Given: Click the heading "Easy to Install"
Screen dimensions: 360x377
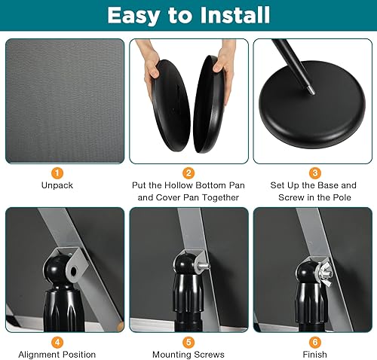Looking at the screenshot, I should click(188, 15).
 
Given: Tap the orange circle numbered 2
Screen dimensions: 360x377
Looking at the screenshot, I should click(188, 173).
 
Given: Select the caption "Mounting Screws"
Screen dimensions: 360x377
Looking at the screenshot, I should click(188, 354).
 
